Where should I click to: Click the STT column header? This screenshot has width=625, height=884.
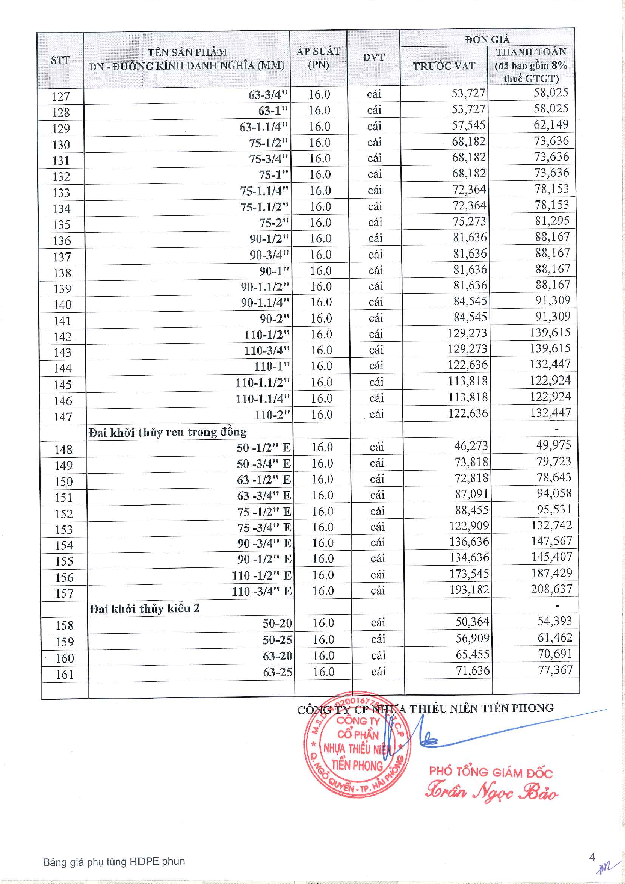(x=60, y=60)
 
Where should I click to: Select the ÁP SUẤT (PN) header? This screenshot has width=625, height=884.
(x=318, y=58)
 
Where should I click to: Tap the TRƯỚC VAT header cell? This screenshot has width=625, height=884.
(x=444, y=66)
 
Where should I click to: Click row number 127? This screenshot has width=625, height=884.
(x=61, y=97)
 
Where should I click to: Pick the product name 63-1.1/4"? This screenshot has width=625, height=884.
(x=263, y=127)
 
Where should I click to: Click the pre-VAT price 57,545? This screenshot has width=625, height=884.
(x=468, y=125)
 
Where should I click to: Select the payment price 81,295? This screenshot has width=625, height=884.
(x=552, y=221)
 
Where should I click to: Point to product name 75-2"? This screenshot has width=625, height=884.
(x=274, y=223)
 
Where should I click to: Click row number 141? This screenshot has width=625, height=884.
(x=62, y=321)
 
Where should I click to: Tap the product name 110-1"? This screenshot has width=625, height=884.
(x=272, y=366)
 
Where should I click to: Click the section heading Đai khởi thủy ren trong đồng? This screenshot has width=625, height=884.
(x=167, y=432)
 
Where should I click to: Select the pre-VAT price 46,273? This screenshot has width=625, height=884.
(x=471, y=446)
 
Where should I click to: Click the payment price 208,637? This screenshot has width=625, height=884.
(x=551, y=589)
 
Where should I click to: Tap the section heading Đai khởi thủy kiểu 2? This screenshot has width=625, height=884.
(x=145, y=609)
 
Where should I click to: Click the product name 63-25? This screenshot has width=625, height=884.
(x=277, y=672)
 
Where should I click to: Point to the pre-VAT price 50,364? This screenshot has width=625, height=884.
(x=472, y=622)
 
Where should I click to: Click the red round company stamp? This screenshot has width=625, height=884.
(x=357, y=745)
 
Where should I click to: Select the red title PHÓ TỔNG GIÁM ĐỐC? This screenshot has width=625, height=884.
(x=491, y=772)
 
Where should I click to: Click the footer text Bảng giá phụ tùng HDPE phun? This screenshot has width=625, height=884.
(x=114, y=861)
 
